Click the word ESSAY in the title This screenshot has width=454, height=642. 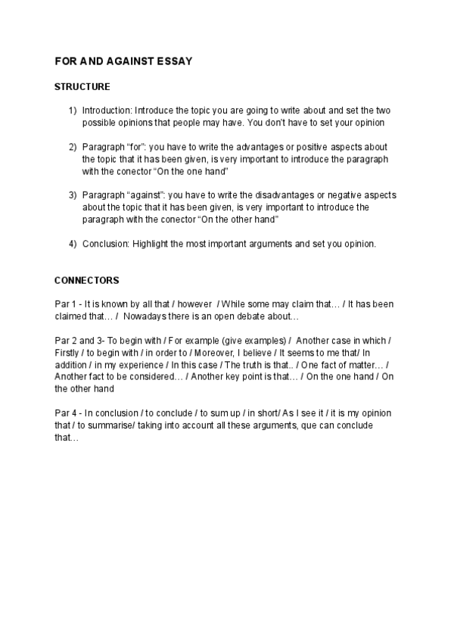pos(174,61)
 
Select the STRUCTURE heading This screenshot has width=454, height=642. pos(82,87)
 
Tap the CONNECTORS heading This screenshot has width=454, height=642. pos(86,280)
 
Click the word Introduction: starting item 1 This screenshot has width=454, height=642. pos(107,110)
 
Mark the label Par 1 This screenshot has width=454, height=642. pos(64,304)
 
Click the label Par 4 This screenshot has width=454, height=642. pos(64,413)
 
